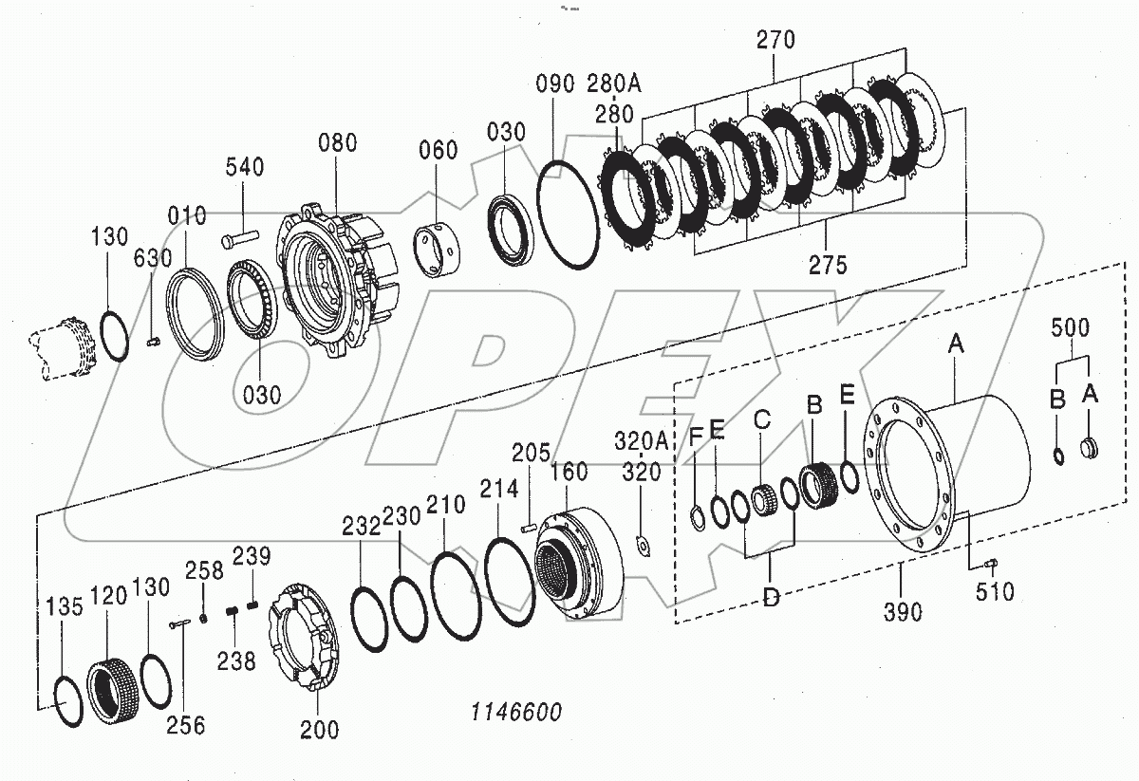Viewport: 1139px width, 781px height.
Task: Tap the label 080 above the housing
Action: pos(337,143)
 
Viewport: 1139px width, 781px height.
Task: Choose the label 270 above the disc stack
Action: pos(775,41)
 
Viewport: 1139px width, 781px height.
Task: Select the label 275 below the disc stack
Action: pos(827,265)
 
